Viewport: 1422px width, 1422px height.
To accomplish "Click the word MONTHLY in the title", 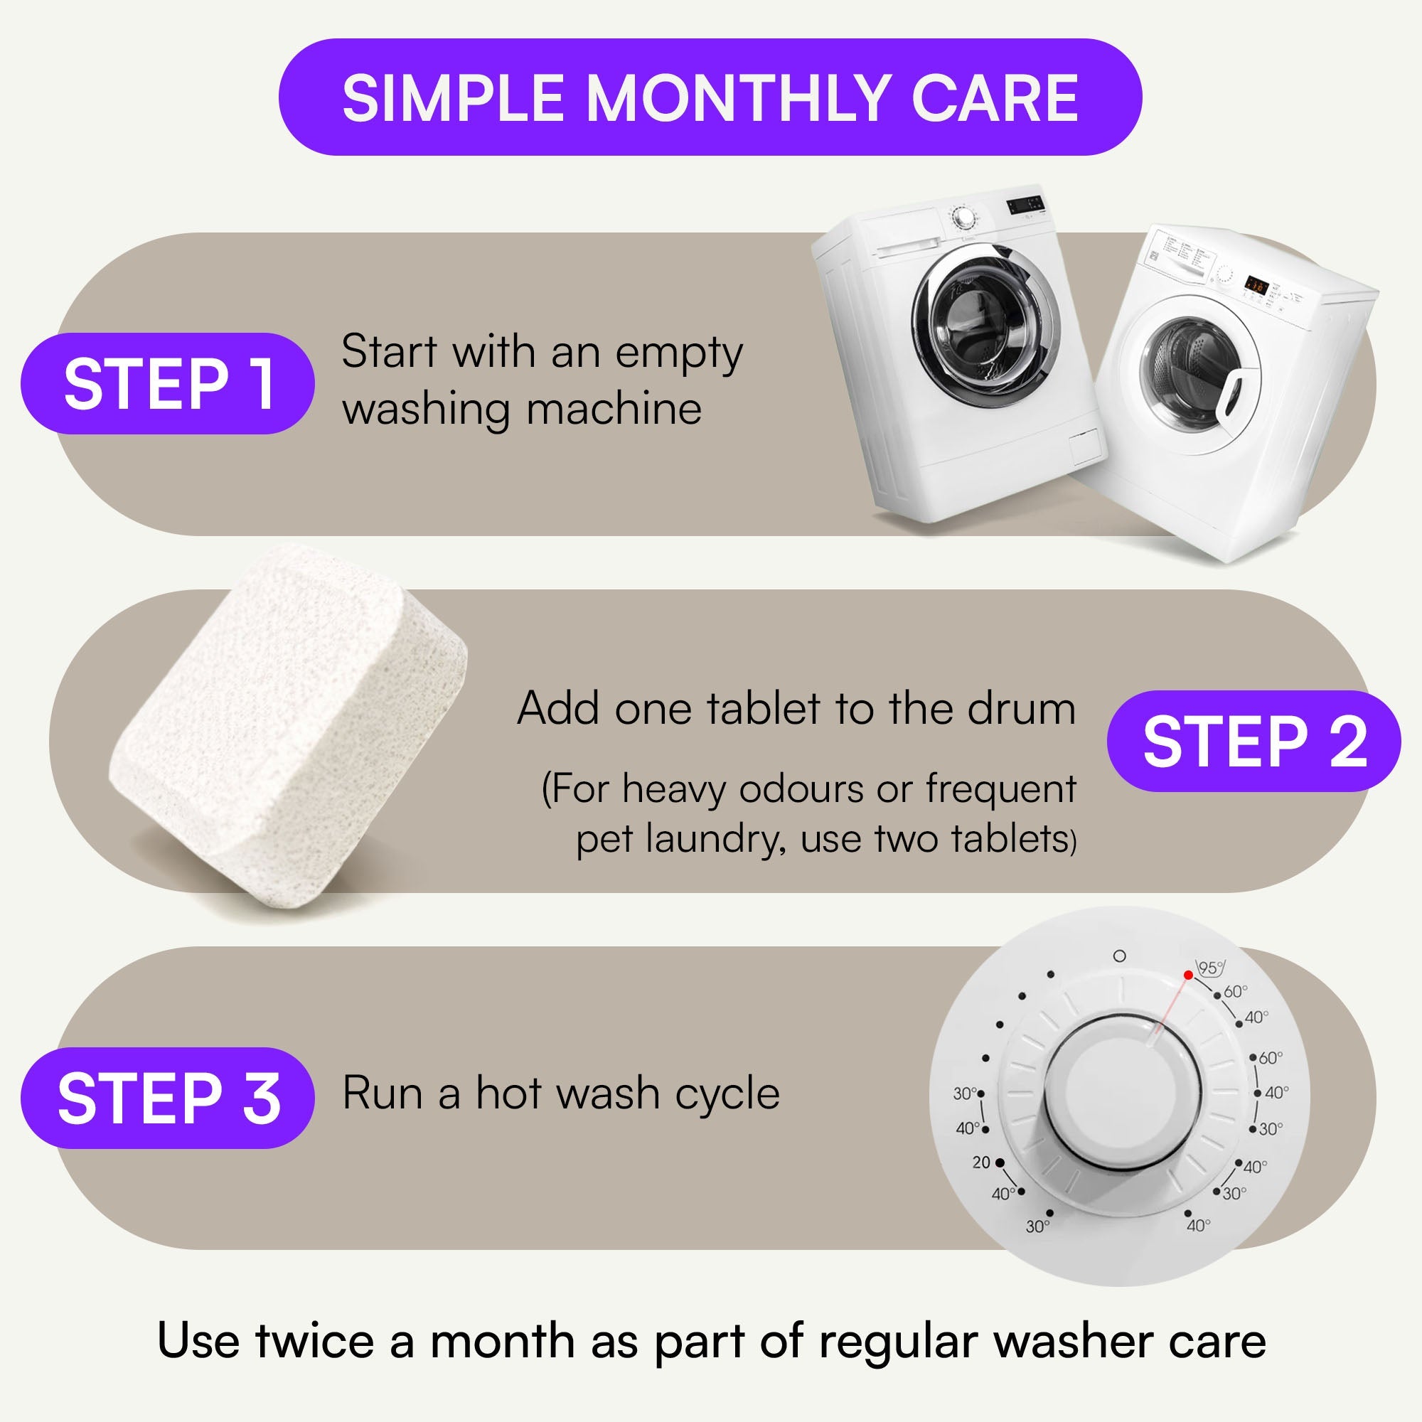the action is pyautogui.click(x=738, y=98).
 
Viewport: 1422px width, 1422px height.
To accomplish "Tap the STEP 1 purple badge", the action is pyautogui.click(x=168, y=383).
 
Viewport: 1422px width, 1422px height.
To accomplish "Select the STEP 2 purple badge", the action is pyautogui.click(x=1254, y=741).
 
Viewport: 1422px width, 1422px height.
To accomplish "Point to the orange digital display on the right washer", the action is pyautogui.click(x=1256, y=287).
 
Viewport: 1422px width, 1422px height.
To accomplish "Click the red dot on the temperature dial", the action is pyautogui.click(x=1188, y=975).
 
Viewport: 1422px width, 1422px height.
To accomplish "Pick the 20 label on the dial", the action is pyautogui.click(x=981, y=1162).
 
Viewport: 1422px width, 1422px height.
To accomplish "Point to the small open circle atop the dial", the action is pyautogui.click(x=1120, y=956).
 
